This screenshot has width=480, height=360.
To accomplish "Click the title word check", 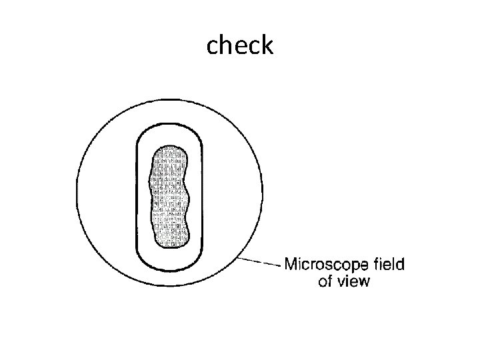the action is (240, 45).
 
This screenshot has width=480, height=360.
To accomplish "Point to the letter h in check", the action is (229, 45).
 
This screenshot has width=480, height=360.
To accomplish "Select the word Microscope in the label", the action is (326, 265).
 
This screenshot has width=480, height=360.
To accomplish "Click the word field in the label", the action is (389, 264).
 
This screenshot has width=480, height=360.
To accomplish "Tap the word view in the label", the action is (354, 281).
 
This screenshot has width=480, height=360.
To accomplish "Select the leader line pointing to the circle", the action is (259, 262).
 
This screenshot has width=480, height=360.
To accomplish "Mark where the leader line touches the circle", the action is (238, 258).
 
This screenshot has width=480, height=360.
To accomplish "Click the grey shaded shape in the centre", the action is (169, 197).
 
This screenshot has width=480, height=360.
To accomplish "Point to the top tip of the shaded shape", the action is (169, 146).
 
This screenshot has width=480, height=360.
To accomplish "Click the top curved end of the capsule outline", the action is (169, 124).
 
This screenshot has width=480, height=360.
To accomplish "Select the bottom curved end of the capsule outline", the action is (169, 270).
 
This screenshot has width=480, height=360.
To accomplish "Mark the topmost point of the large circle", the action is (169, 100).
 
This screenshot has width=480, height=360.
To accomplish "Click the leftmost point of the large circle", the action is (77, 192).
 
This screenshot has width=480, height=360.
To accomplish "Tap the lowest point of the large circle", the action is (169, 285).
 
